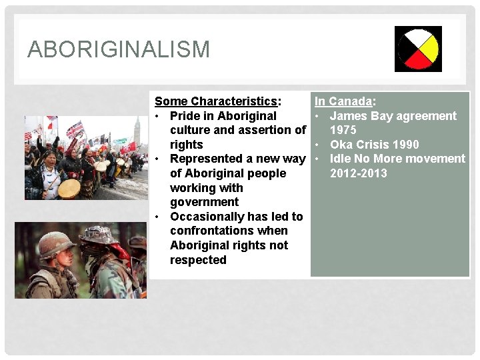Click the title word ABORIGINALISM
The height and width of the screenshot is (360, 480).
(x=119, y=49)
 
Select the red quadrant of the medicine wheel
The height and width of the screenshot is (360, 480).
(x=418, y=61)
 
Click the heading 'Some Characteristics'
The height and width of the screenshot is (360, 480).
(x=216, y=101)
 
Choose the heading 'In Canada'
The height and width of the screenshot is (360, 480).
(x=343, y=101)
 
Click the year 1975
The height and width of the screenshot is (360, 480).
(x=343, y=130)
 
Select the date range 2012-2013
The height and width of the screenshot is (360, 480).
(x=359, y=173)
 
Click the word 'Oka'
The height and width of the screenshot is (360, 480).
(x=341, y=145)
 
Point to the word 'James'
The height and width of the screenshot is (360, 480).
(x=349, y=116)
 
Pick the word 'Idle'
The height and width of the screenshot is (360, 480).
(x=341, y=159)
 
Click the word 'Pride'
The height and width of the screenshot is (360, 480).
(x=186, y=116)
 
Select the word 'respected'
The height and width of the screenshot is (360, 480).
(x=198, y=260)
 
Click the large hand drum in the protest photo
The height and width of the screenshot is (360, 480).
(x=69, y=189)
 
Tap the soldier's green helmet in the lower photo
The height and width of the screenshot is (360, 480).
(x=56, y=244)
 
